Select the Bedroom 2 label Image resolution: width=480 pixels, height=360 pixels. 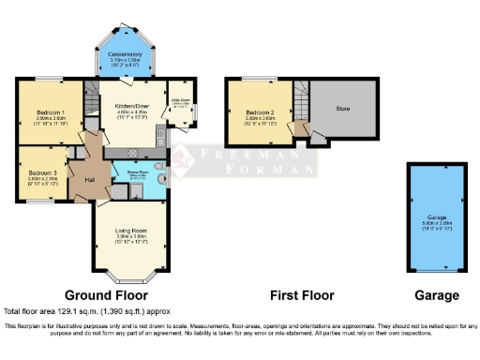(254, 112)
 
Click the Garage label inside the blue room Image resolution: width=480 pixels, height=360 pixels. (436, 217)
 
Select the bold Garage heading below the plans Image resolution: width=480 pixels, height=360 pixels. (437, 295)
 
